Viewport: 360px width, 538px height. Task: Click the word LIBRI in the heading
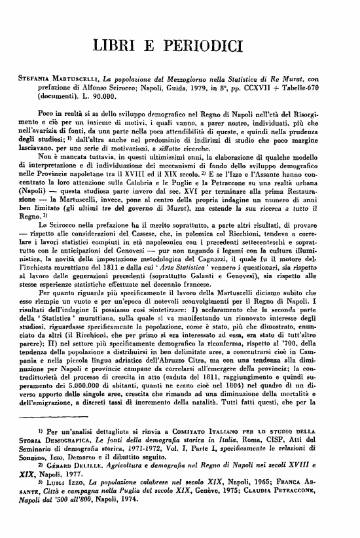click(120, 45)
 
